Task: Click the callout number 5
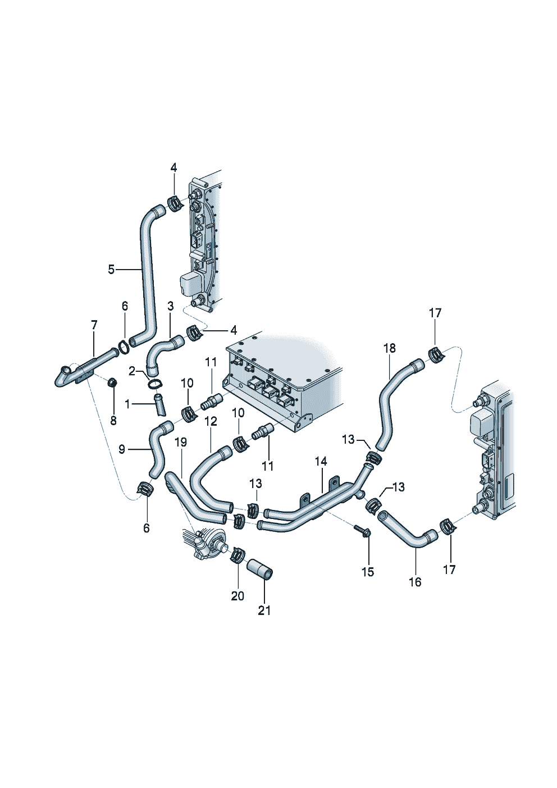111,270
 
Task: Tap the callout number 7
94,325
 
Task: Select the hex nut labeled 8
112,383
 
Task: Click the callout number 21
264,611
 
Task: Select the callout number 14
321,462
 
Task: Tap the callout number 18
390,348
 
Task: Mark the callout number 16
415,582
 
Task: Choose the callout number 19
180,443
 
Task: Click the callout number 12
211,421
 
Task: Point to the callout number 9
122,449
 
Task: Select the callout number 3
171,306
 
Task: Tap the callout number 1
127,404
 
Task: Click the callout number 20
238,596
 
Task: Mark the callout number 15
368,572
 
